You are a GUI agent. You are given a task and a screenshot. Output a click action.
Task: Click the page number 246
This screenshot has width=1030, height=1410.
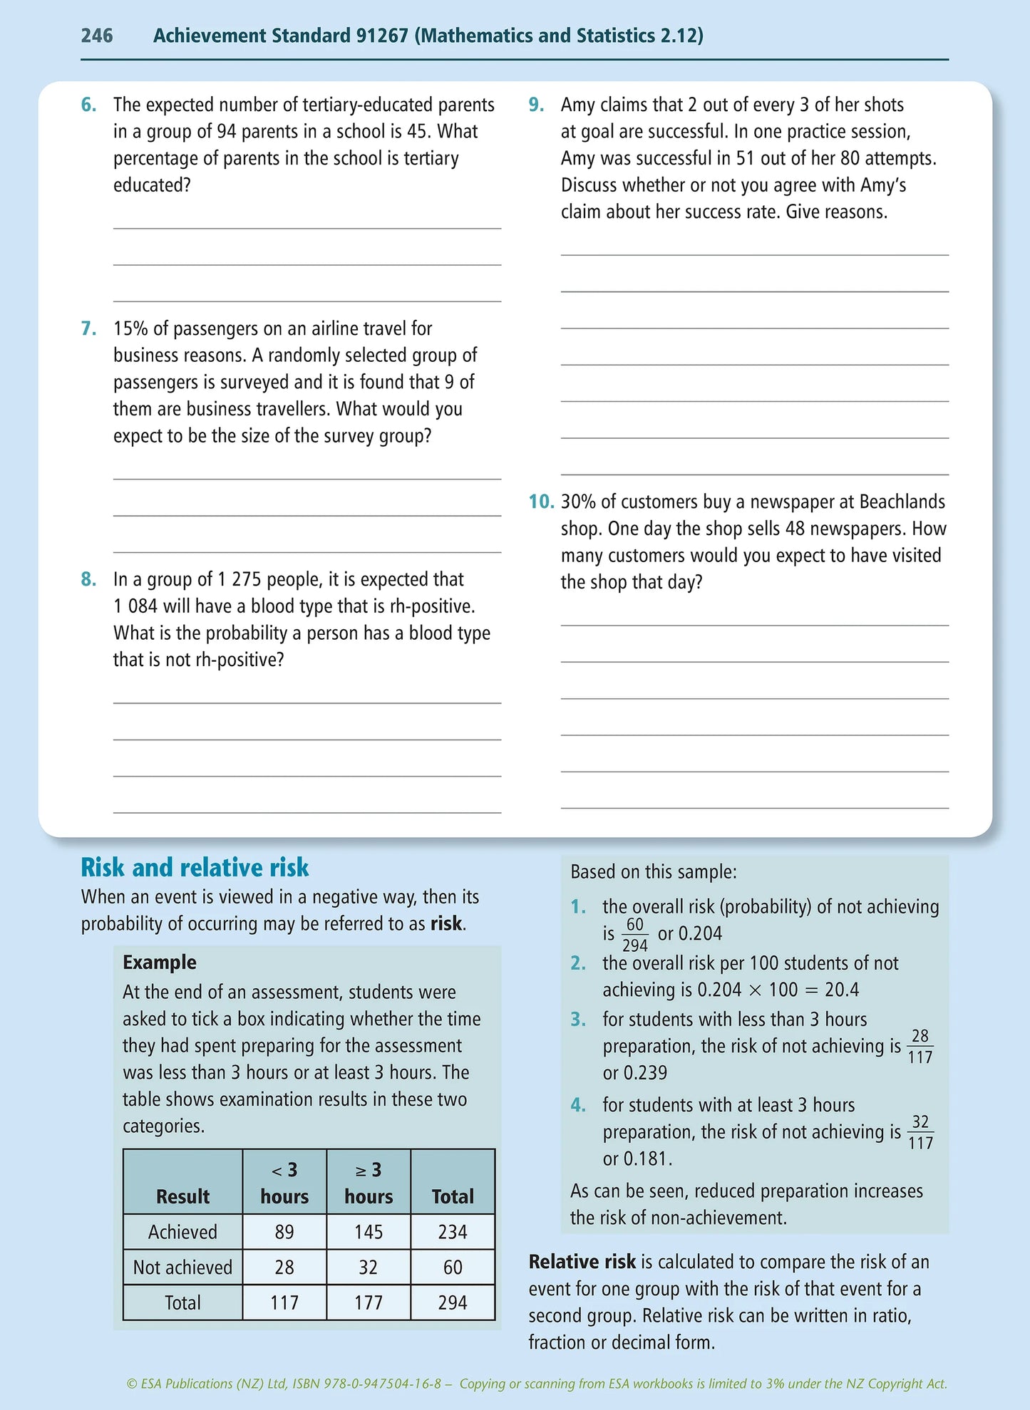pyautogui.click(x=97, y=35)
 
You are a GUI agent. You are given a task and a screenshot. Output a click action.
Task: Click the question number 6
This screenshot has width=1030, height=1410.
pyautogui.click(x=88, y=105)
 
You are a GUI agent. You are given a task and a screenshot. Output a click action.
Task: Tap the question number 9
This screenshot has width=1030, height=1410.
pyautogui.click(x=536, y=105)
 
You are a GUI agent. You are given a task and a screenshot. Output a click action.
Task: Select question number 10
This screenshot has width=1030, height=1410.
pyautogui.click(x=541, y=502)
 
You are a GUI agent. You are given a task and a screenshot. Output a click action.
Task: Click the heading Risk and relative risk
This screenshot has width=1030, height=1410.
pyautogui.click(x=195, y=867)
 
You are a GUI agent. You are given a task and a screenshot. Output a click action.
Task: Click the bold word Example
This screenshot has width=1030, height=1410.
pyautogui.click(x=159, y=962)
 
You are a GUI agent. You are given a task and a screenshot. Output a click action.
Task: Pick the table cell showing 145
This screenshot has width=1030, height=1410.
pyautogui.click(x=368, y=1232)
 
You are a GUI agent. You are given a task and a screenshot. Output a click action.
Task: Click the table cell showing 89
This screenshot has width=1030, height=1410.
pyautogui.click(x=284, y=1232)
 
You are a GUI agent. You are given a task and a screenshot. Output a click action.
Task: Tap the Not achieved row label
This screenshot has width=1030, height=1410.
pyautogui.click(x=182, y=1268)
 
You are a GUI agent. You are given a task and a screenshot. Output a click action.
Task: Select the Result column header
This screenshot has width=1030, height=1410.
pyautogui.click(x=182, y=1196)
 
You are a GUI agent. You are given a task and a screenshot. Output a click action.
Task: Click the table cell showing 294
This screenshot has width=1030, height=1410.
pyautogui.click(x=452, y=1302)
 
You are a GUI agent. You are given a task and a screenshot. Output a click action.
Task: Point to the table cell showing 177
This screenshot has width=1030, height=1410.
pyautogui.click(x=368, y=1302)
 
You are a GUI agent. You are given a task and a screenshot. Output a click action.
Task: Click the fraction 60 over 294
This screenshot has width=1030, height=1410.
pyautogui.click(x=634, y=935)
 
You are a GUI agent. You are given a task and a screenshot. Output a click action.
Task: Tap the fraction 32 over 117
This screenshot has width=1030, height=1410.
pyautogui.click(x=920, y=1132)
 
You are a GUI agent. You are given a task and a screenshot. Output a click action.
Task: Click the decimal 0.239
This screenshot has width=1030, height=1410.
pyautogui.click(x=634, y=1073)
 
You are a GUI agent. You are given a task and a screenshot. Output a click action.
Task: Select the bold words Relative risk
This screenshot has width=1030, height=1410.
pyautogui.click(x=582, y=1262)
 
